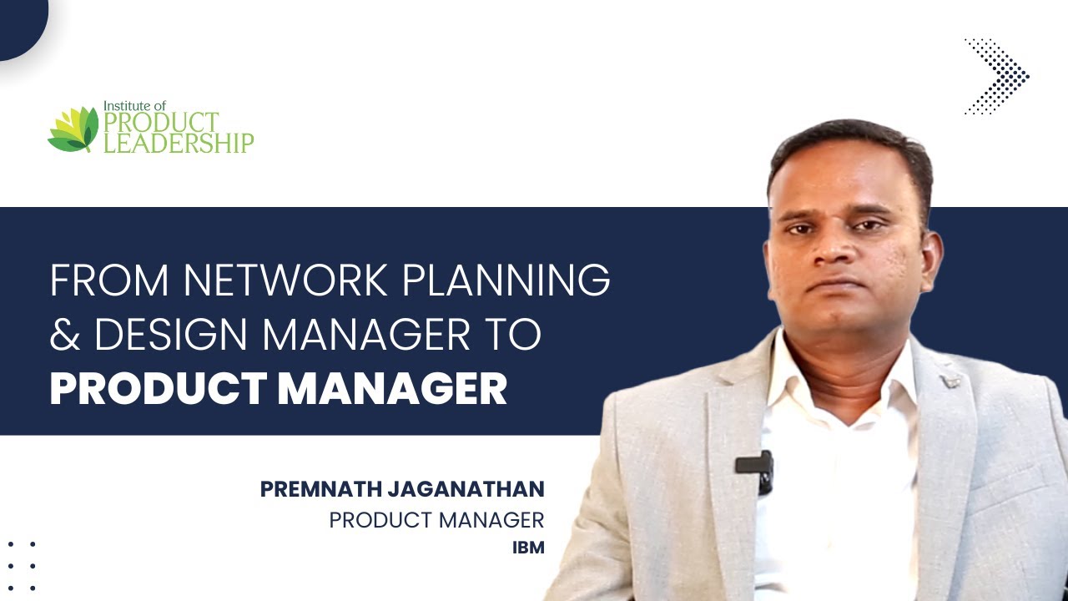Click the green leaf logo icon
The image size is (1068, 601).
click(73, 129)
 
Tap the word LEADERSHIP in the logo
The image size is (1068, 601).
click(178, 143)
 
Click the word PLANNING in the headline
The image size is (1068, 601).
click(506, 281)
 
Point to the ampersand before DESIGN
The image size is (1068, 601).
click(64, 335)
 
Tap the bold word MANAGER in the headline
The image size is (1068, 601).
click(392, 388)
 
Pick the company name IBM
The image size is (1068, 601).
click(527, 548)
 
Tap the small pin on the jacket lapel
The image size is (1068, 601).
click(949, 381)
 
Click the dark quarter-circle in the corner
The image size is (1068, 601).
click(18, 23)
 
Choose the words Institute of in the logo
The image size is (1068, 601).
click(134, 106)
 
